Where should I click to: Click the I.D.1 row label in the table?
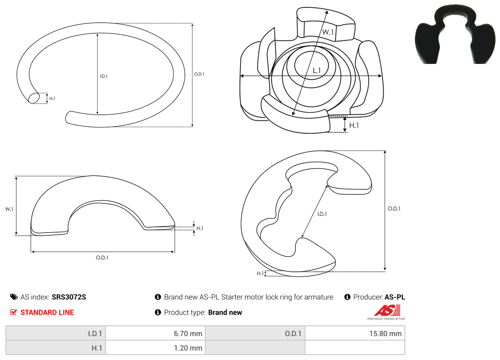pos(95,333)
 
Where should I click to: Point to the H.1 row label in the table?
pos(97,348)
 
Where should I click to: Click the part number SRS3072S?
pos(69,297)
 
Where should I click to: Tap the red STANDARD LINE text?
pos(47,312)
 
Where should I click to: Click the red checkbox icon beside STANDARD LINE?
pos(13,312)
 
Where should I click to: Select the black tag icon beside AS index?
pos(14,297)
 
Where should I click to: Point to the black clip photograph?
pos(455,34)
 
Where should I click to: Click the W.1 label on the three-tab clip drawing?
pos(328,32)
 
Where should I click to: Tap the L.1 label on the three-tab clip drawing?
pos(317,71)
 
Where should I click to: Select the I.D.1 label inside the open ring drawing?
pos(104,76)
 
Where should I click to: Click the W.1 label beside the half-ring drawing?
pos(9,209)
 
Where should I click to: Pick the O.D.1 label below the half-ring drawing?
pos(102,258)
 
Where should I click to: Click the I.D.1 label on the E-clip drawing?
pos(322,214)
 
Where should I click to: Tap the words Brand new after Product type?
pos(225,312)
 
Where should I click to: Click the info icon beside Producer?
pos(347,297)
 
